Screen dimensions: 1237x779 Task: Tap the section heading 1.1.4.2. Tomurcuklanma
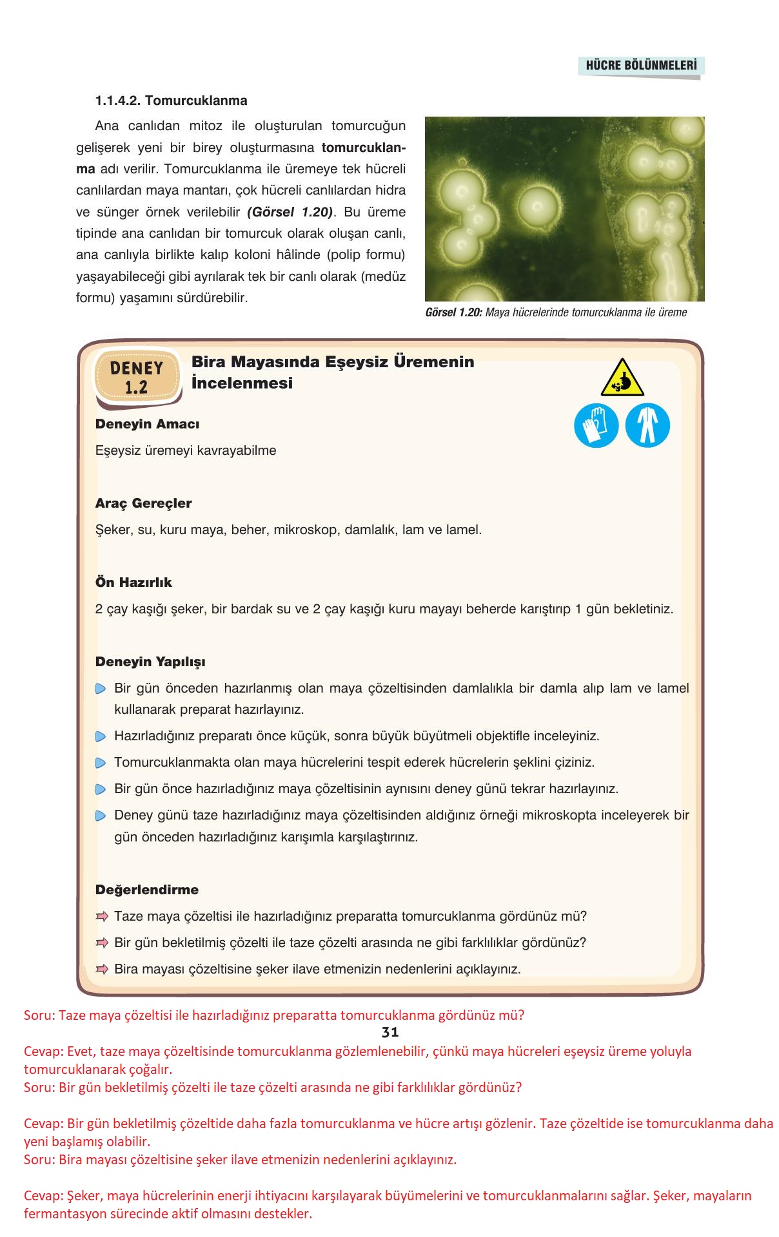(171, 101)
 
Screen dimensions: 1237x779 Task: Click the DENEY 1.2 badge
(137, 378)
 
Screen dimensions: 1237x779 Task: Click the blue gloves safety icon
(596, 425)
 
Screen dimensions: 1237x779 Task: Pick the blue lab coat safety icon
(647, 425)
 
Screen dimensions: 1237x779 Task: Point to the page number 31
(390, 1031)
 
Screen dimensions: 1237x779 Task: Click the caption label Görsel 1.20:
(453, 312)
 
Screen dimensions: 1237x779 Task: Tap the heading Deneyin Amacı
(147, 424)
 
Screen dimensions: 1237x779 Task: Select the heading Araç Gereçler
(143, 503)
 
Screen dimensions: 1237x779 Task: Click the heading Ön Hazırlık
(133, 582)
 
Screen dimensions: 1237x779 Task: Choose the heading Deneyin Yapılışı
(150, 662)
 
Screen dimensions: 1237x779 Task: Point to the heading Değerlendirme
(147, 890)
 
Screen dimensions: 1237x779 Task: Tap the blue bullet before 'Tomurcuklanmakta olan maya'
(101, 763)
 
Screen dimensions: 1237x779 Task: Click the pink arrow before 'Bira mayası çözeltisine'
(101, 969)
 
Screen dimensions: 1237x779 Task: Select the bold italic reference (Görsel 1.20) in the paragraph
(290, 212)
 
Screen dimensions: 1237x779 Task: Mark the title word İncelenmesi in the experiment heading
(242, 383)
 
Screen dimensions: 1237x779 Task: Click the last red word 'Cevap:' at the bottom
(43, 1196)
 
